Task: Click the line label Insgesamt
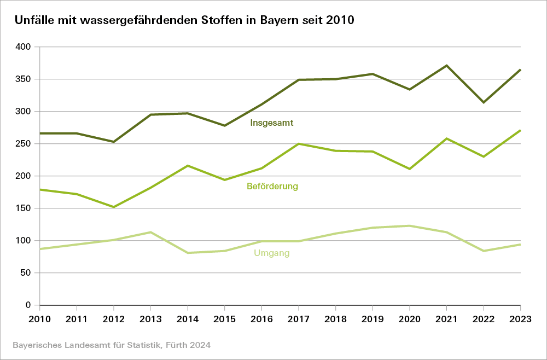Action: point(272,123)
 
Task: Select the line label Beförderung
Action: point(272,187)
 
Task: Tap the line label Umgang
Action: point(272,253)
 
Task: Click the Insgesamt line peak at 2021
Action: point(447,66)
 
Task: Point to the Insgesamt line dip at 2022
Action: point(484,102)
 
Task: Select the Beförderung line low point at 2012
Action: point(114,207)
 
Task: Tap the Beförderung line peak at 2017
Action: point(299,144)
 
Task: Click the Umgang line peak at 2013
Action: point(150,232)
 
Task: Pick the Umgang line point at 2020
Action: point(410,225)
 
